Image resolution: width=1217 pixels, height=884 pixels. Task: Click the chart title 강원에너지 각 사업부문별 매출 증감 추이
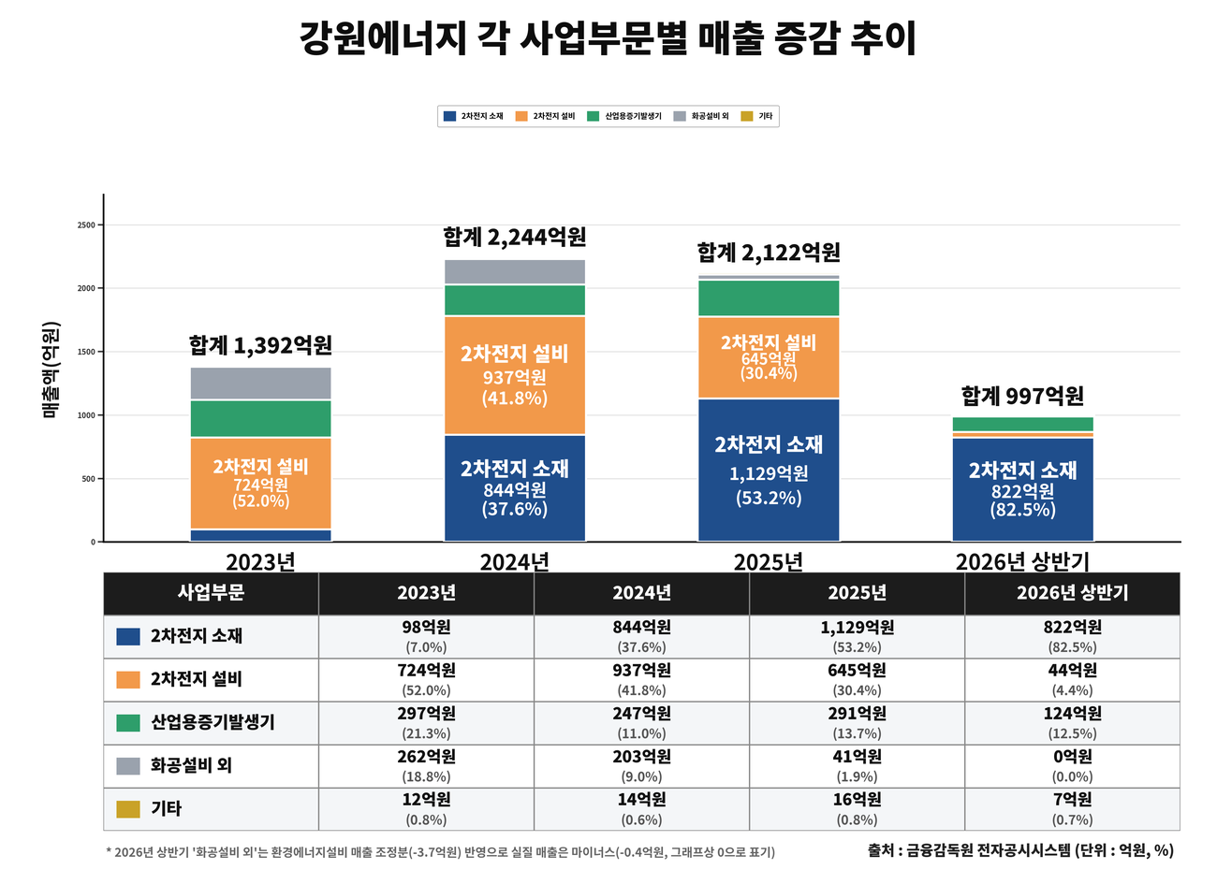coord(608,38)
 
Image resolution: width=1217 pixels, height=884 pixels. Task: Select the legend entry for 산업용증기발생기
coord(624,116)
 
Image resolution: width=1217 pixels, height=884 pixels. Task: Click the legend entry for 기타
coord(756,116)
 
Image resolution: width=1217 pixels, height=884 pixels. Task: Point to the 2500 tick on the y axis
coord(86,225)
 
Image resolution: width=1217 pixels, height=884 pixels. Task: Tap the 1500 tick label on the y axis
coord(86,352)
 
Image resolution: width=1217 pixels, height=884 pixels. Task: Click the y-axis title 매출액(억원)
coord(50,370)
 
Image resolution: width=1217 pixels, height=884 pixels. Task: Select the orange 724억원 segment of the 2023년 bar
coord(261,484)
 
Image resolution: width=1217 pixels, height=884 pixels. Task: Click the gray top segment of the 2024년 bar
coord(515,271)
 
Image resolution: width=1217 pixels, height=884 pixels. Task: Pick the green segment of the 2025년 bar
coord(769,298)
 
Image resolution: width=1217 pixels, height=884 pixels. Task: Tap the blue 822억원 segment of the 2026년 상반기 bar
coord(1022,489)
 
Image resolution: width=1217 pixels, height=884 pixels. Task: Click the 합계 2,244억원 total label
coord(515,238)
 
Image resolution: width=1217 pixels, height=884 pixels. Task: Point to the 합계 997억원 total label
coord(1022,396)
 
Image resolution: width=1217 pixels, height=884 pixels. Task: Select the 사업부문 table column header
coord(211,592)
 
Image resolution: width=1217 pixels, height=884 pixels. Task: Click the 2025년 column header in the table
coord(857,592)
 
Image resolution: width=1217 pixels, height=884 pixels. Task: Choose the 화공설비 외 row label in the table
coord(191,765)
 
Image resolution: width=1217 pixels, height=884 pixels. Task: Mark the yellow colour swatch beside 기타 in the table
coord(128,809)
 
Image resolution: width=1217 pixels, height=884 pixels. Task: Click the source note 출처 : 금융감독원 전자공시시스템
coord(970,850)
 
